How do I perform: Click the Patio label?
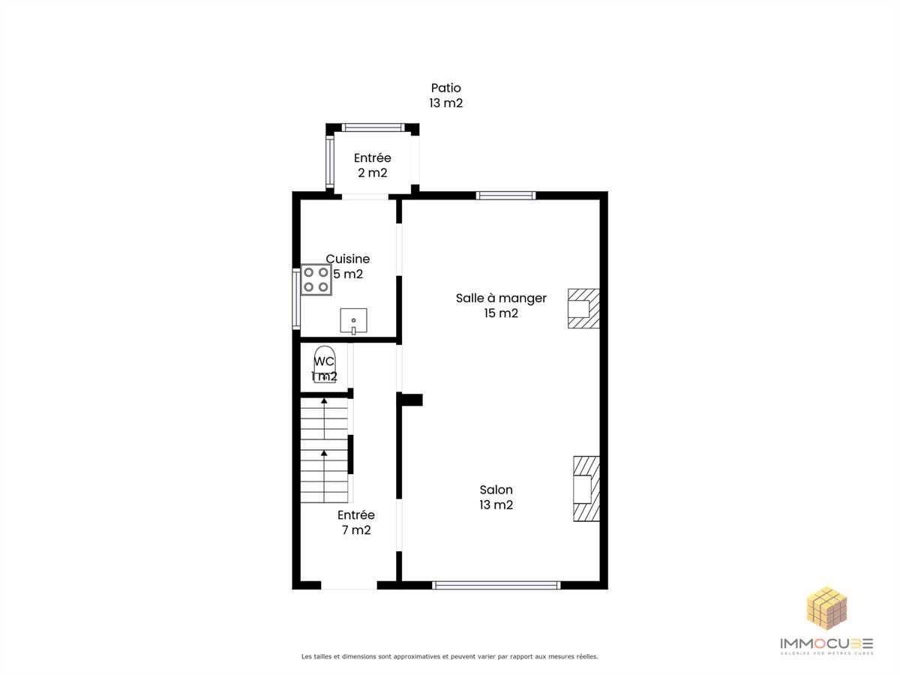point(445,88)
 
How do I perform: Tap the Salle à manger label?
point(501,298)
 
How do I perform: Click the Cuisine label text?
point(348,259)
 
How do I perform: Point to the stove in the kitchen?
point(316,280)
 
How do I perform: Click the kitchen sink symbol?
point(353,321)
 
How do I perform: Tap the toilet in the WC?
point(324,364)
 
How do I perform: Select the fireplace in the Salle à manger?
point(583,308)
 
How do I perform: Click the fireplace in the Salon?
point(586,488)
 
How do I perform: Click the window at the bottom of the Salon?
point(496,585)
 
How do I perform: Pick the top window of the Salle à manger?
point(505,196)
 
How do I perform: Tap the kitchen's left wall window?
point(296,298)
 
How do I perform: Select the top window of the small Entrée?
point(373,127)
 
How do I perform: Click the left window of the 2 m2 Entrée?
point(330,162)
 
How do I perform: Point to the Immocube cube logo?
point(826,608)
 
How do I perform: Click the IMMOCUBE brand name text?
point(826,643)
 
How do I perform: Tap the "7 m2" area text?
point(356,530)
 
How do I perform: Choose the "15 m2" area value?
point(501,313)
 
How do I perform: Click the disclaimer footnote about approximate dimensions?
point(450,656)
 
